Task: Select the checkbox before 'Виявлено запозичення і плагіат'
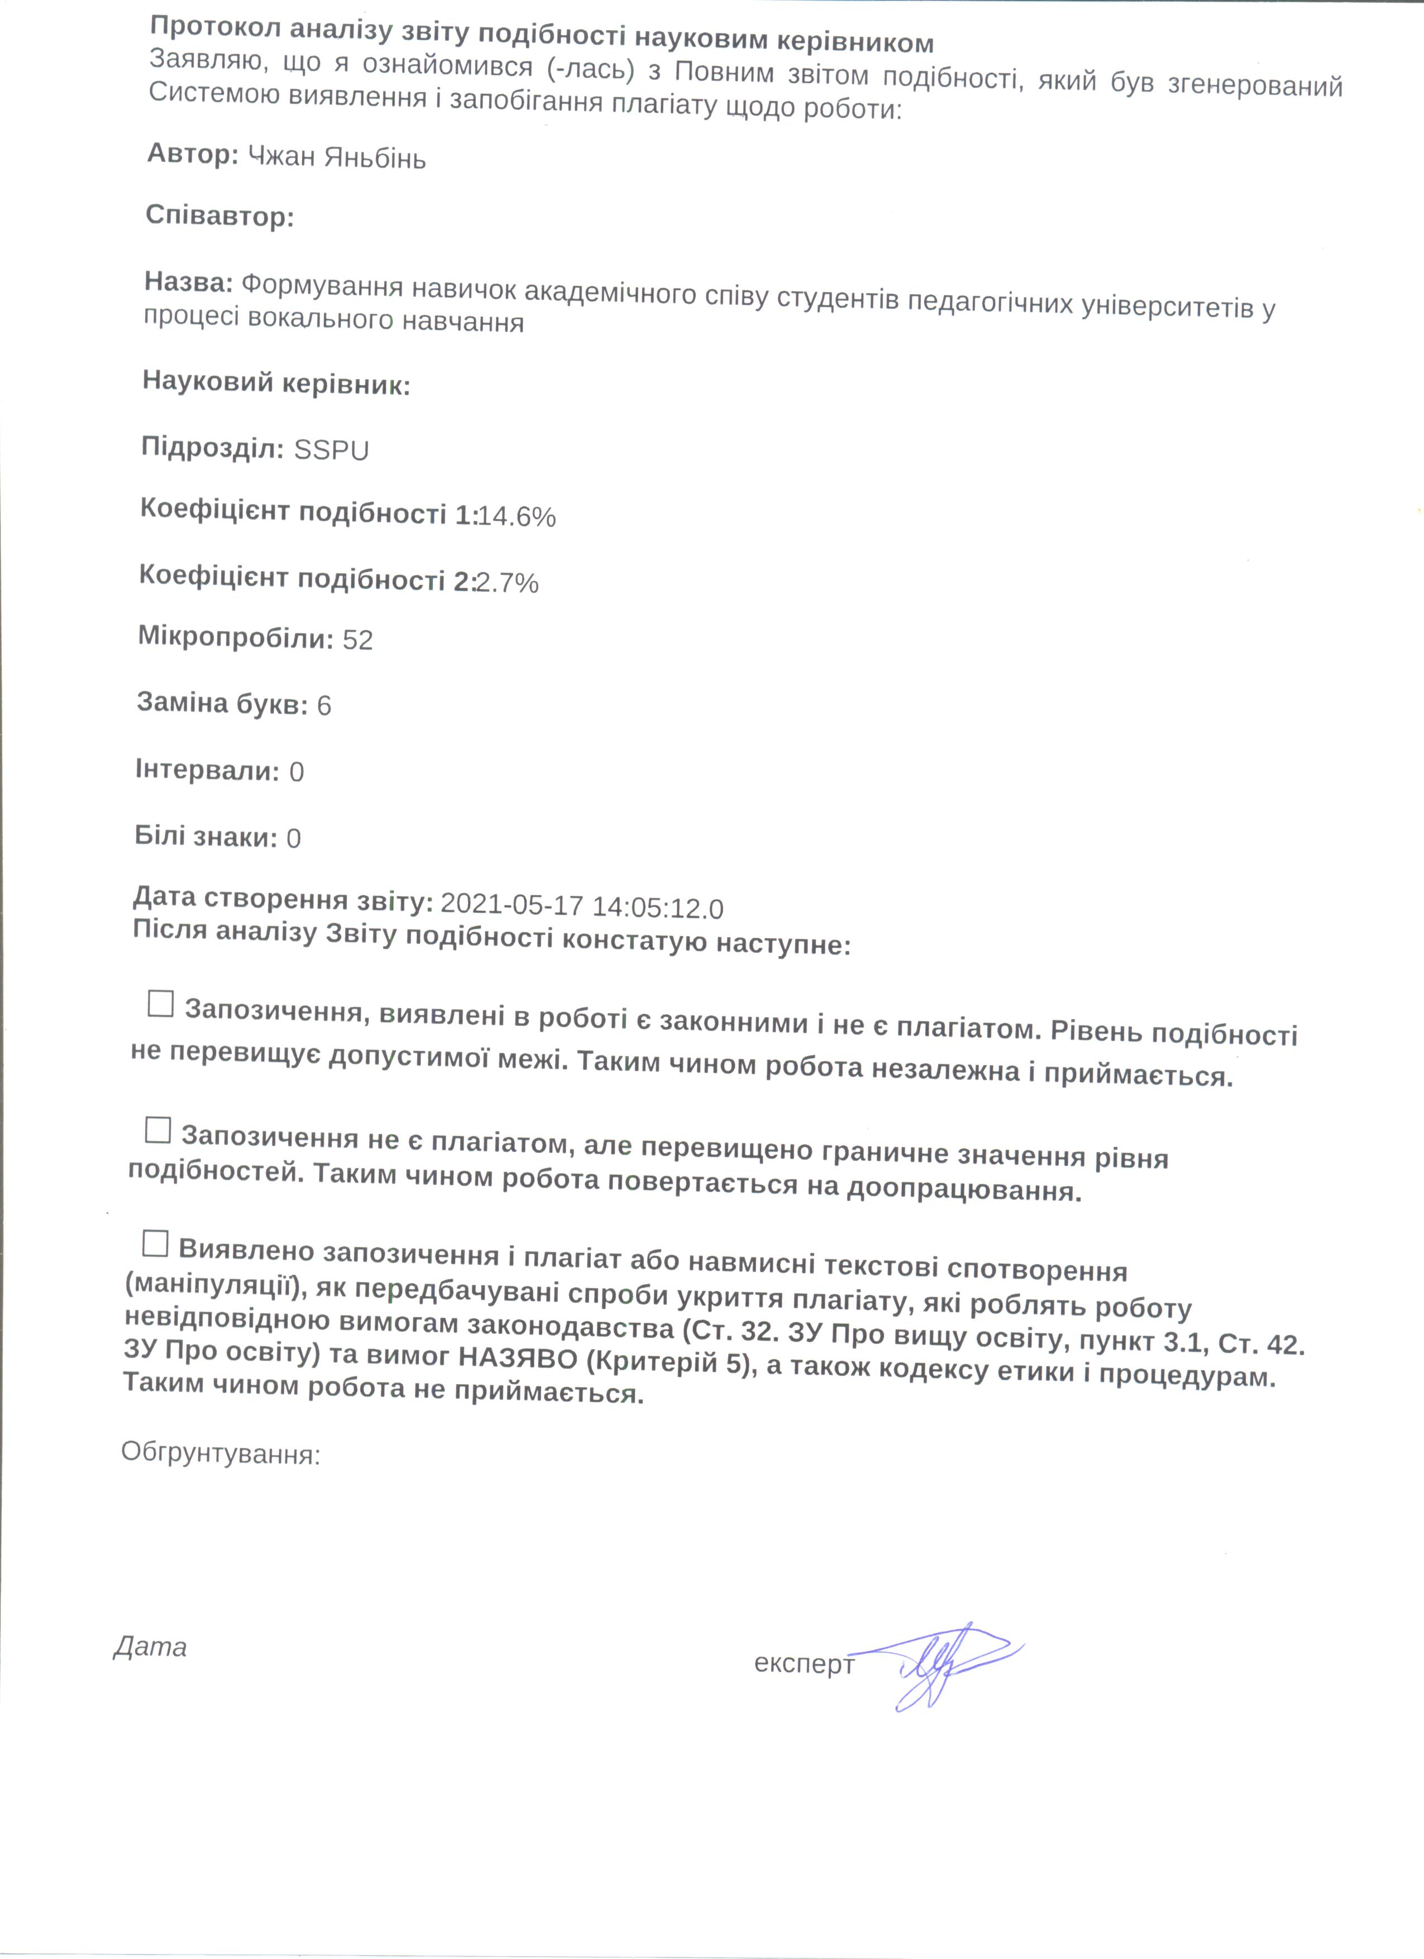[155, 1245]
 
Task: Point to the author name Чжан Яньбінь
[337, 157]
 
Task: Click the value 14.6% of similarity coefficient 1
[517, 516]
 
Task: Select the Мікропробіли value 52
[358, 640]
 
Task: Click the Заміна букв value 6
[324, 705]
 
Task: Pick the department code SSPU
[331, 450]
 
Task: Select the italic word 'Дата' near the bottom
[150, 1647]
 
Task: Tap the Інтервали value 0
[297, 771]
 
